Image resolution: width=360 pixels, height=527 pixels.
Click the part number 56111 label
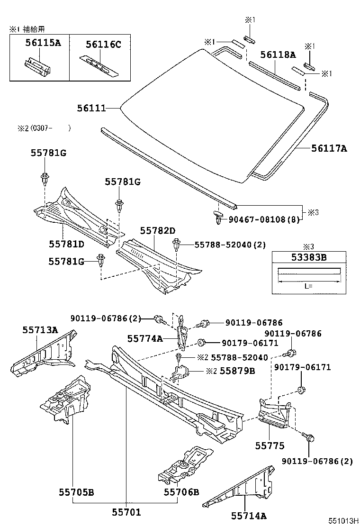click(91, 109)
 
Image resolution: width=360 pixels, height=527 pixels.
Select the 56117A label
click(329, 148)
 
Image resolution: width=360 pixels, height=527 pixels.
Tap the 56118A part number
click(278, 55)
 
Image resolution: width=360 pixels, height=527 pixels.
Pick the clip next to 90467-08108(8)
click(218, 218)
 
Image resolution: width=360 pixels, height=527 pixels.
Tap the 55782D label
click(158, 230)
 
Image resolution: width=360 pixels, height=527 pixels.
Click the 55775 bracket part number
click(270, 445)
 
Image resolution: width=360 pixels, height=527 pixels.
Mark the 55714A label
click(249, 515)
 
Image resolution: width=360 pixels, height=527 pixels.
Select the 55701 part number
click(126, 512)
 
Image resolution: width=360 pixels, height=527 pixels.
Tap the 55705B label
click(76, 492)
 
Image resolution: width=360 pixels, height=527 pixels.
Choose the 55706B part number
click(181, 492)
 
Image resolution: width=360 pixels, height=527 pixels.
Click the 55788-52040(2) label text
click(230, 245)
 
